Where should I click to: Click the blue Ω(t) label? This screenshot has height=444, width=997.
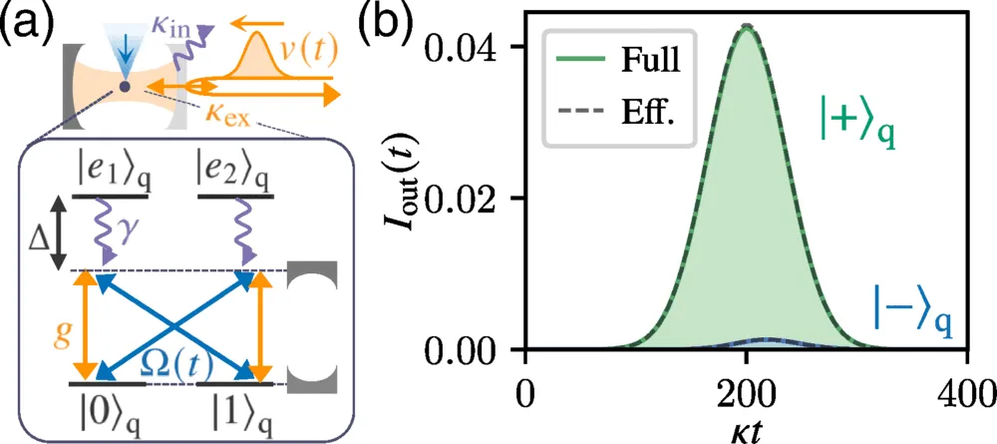169,367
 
